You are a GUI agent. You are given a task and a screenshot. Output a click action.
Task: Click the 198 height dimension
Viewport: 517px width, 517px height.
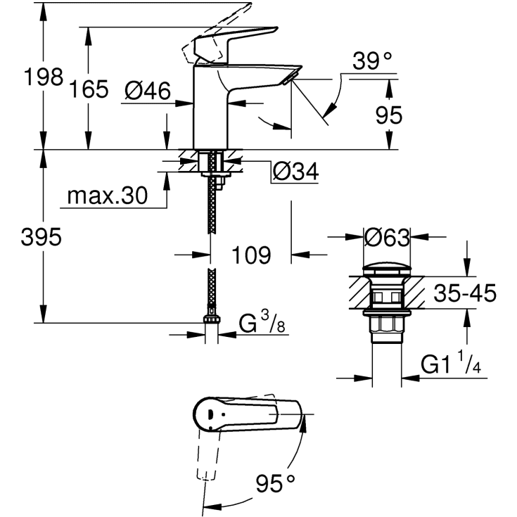click(42, 77)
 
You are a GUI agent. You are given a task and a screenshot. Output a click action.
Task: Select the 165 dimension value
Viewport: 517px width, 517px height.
click(89, 89)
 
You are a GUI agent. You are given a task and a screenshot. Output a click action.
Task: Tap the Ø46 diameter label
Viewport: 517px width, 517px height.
click(148, 90)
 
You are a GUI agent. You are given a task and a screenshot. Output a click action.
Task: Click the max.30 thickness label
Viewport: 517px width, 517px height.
click(108, 196)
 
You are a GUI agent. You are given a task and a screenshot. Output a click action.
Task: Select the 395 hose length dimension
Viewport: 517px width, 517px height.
click(41, 237)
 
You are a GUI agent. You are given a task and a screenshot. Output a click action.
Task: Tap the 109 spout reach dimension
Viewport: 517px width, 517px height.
click(250, 255)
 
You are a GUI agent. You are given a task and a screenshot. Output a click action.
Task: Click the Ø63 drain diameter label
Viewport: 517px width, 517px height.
click(386, 238)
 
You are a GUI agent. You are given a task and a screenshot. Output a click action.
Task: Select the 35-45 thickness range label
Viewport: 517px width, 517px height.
click(464, 293)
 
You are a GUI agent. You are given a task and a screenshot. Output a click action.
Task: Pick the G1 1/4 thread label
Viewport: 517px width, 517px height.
click(449, 364)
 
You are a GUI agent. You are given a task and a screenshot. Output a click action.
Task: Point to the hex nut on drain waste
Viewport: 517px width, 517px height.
click(386, 324)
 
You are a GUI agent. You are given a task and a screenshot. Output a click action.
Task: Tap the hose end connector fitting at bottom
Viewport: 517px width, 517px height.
click(211, 323)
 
